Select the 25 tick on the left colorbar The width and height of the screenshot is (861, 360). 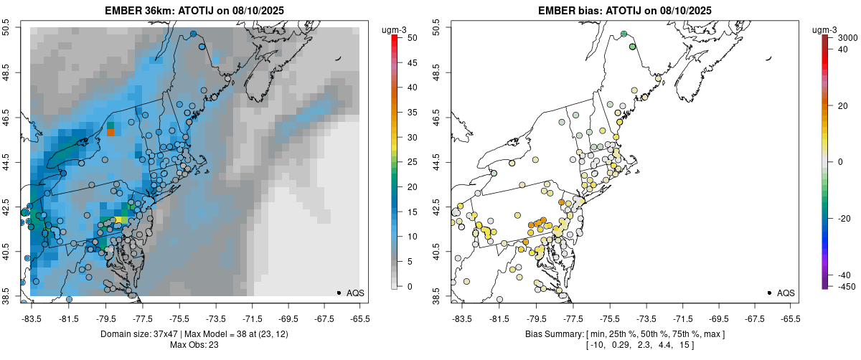tap(410, 162)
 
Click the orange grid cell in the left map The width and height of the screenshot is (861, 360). tap(110, 132)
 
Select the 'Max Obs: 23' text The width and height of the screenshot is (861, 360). tap(194, 345)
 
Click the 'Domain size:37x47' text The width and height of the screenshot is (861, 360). tap(136, 334)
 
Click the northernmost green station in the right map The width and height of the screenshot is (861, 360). tap(624, 34)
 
